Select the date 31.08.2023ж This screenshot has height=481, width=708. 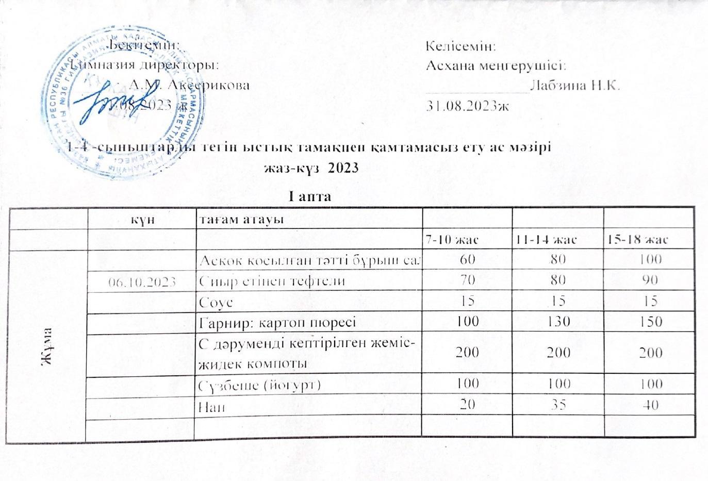pyautogui.click(x=468, y=106)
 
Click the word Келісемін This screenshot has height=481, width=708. pyautogui.click(x=461, y=46)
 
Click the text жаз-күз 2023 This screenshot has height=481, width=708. pyautogui.click(x=310, y=168)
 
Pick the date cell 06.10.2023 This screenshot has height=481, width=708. pyautogui.click(x=141, y=281)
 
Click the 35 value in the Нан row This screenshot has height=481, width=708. pyautogui.click(x=557, y=406)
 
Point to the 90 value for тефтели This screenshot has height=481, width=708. pyautogui.click(x=649, y=280)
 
